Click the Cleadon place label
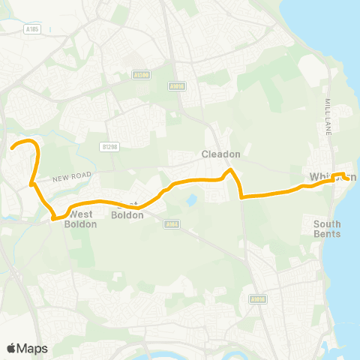pos(220,154)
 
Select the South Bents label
pos(327,229)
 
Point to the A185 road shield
pos(31,29)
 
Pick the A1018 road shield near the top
pos(178,86)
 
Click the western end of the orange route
pos(12,148)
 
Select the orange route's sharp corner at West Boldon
pos(54,219)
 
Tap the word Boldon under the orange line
pos(121,214)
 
